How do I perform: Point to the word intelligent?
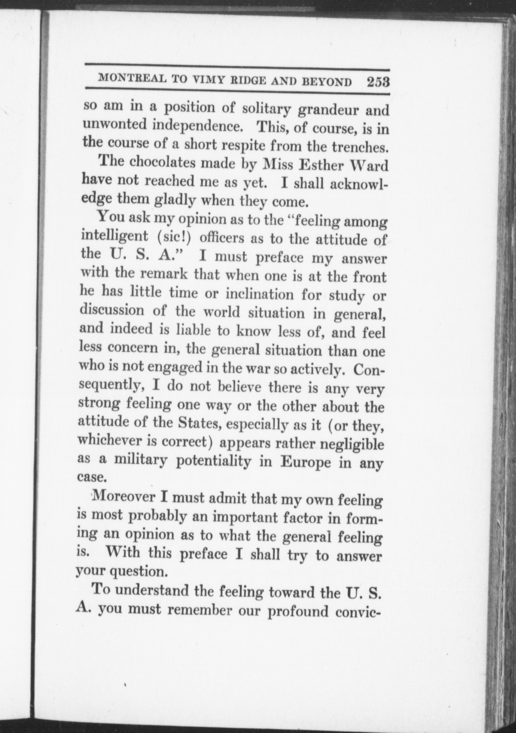tap(115, 236)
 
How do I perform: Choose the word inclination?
tap(259, 294)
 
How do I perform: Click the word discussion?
tap(112, 310)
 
